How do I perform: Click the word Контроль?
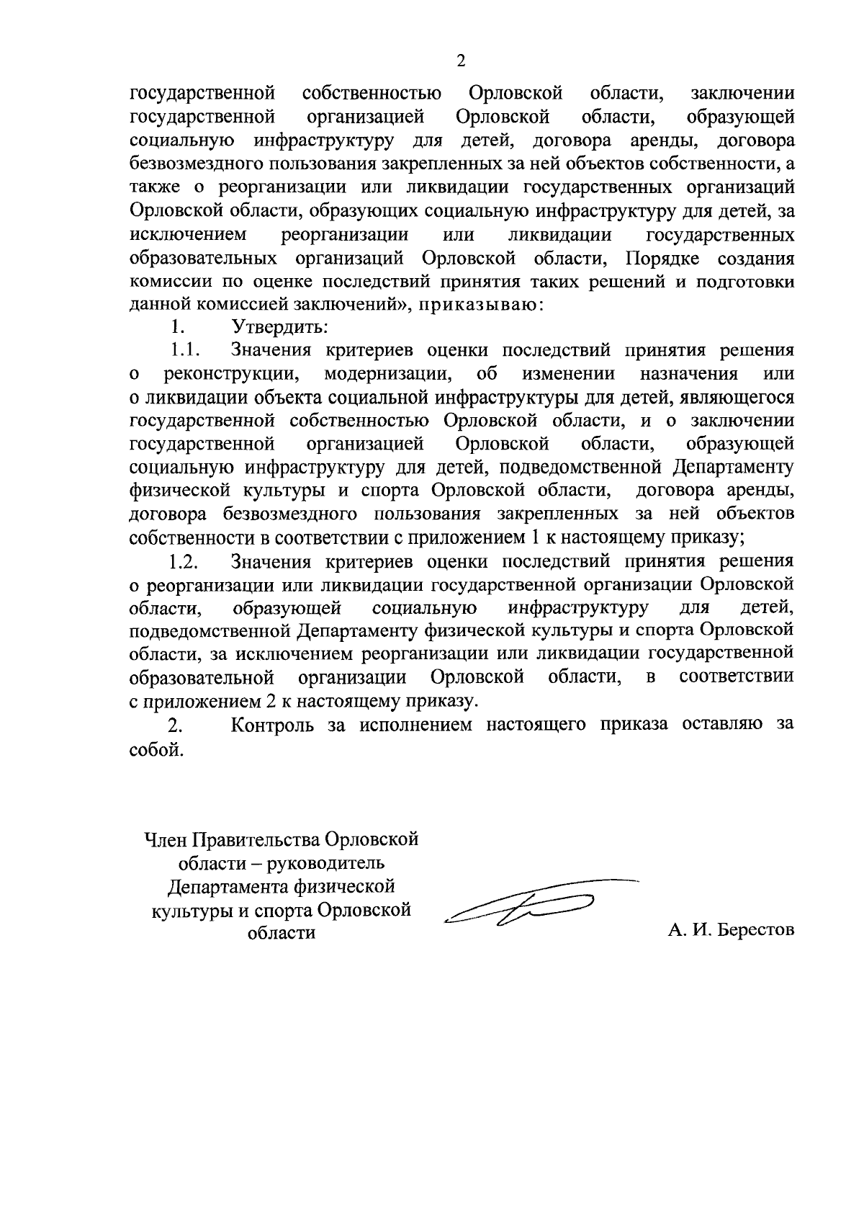click(273, 725)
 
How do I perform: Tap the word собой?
click(152, 749)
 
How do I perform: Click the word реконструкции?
click(232, 374)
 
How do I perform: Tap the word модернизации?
click(387, 374)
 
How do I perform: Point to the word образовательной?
click(202, 678)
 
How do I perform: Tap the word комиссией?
click(237, 304)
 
